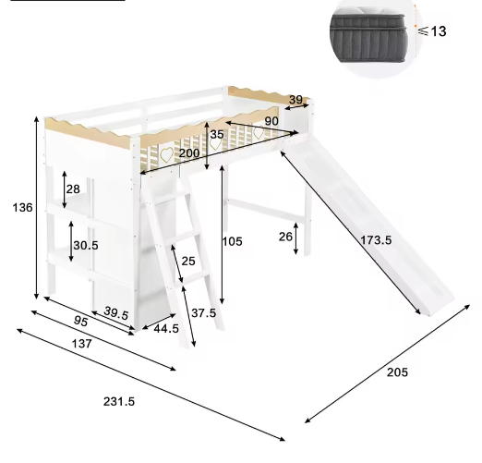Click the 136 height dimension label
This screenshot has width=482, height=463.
point(22,208)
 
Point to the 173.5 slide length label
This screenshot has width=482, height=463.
point(375,240)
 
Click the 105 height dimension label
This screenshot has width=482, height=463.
point(232,242)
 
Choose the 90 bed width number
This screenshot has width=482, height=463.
point(271,121)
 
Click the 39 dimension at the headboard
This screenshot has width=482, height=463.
point(295,99)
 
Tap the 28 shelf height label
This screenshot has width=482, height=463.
point(72,189)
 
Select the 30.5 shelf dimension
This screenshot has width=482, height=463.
point(85,246)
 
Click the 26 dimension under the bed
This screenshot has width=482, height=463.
point(286,237)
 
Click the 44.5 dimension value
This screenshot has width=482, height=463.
point(166,328)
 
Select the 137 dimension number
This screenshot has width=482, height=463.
point(82,345)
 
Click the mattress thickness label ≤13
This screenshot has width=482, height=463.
point(431,31)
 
